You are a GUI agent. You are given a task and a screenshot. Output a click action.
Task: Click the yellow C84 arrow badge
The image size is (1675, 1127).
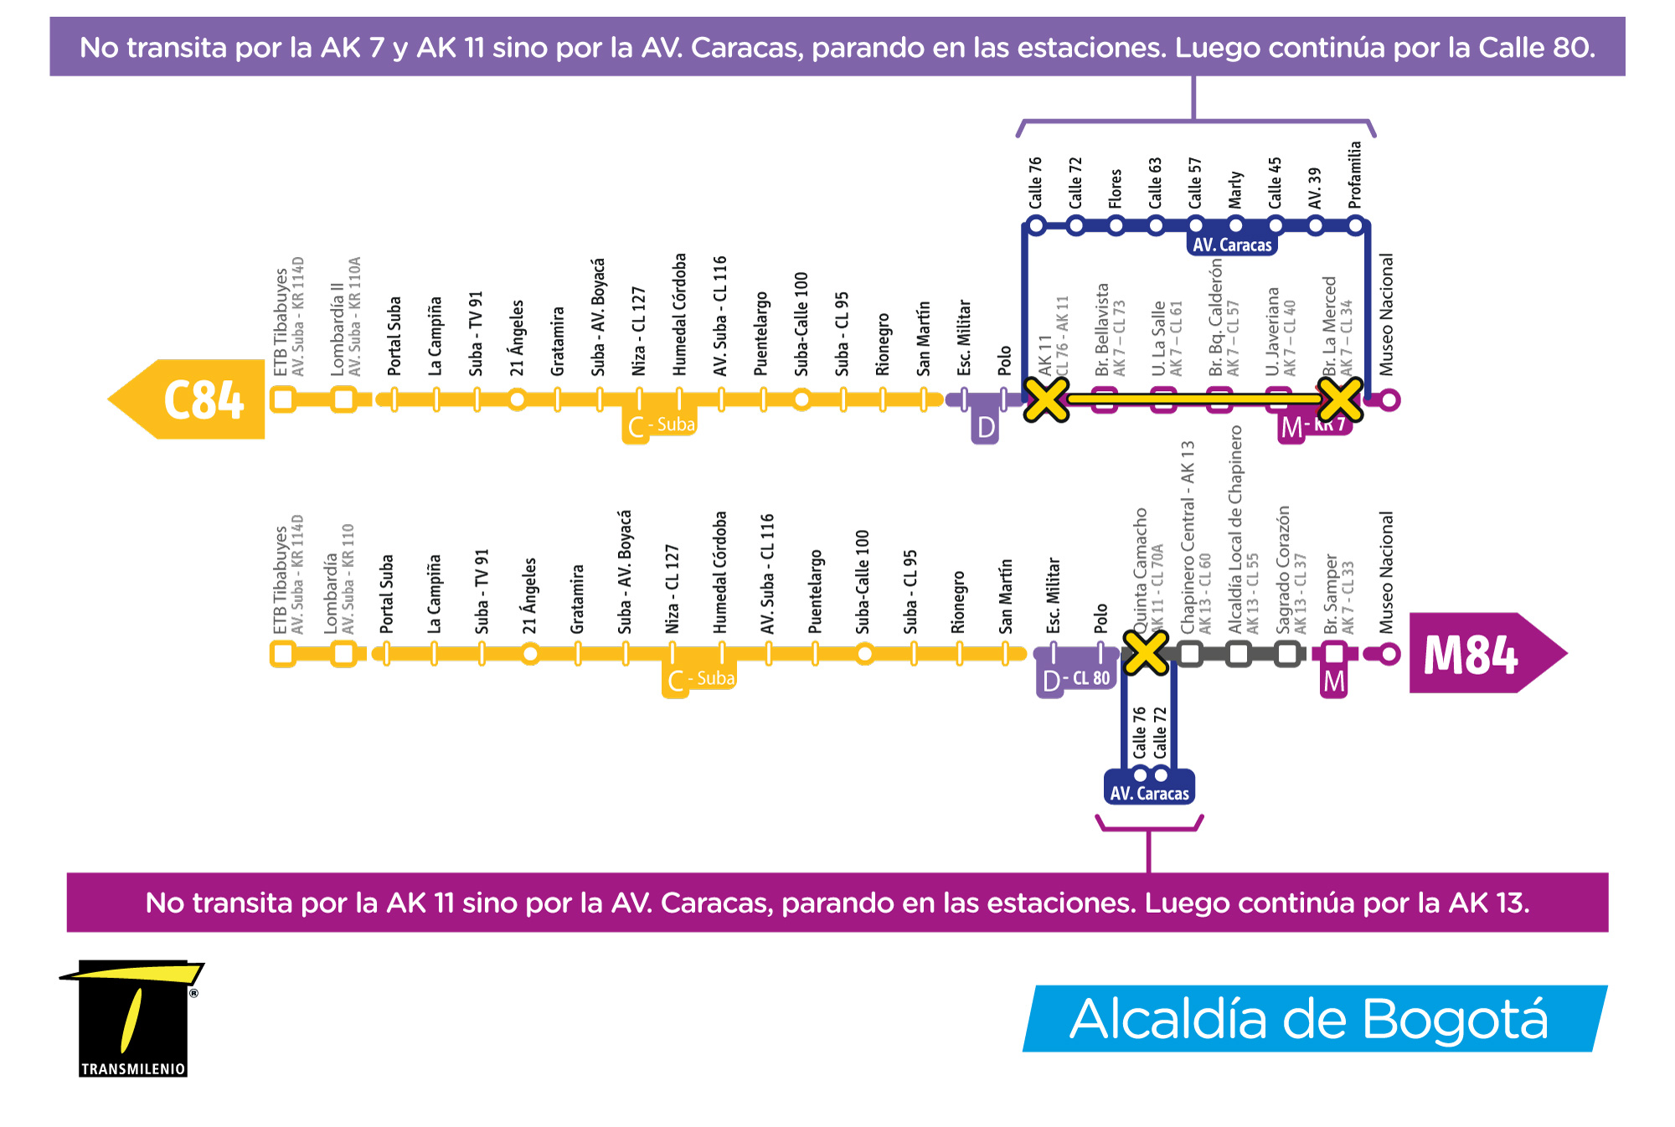(188, 399)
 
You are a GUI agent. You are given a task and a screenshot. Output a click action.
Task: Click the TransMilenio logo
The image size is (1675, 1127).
(132, 1018)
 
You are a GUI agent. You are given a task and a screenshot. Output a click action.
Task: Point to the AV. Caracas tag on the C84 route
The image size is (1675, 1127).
(1232, 244)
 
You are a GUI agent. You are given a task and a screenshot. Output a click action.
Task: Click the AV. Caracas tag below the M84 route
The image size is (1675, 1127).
(1149, 792)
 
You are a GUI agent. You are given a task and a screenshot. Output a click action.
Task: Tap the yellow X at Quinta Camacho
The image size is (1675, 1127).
(1145, 652)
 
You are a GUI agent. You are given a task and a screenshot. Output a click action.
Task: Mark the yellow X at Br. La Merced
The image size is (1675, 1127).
(1339, 399)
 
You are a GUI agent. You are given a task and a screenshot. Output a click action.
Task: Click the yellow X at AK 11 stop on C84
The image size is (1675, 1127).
(1046, 399)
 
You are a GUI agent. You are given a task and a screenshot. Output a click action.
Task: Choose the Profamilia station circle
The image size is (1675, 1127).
(1356, 225)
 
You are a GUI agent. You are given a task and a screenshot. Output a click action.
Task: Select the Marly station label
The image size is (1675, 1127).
(1235, 189)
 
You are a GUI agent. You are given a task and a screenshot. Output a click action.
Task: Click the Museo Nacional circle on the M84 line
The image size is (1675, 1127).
(1389, 654)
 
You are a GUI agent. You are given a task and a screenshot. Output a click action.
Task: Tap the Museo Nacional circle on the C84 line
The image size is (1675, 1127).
(1389, 400)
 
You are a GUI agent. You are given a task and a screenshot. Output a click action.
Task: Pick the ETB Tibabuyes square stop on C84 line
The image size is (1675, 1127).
(284, 399)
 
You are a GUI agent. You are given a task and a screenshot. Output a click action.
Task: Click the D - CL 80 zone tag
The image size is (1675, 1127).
(1076, 678)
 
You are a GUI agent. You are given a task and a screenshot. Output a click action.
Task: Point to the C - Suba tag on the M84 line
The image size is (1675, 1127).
(700, 679)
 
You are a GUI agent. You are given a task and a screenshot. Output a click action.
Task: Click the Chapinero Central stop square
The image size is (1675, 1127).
(1190, 653)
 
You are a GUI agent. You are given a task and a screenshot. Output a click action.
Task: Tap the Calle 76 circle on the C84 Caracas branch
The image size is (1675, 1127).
(1036, 225)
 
